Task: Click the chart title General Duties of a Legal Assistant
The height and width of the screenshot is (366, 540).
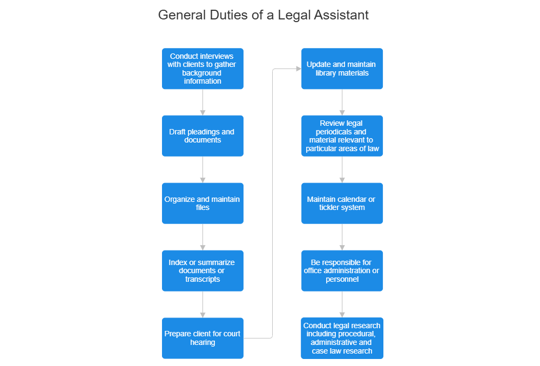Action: click(x=264, y=15)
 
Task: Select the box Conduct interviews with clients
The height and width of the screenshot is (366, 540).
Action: click(x=202, y=69)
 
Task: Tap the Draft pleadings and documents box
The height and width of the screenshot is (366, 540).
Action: click(x=202, y=135)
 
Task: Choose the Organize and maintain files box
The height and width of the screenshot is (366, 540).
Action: click(x=202, y=203)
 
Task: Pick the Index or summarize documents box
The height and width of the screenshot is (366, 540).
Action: click(x=202, y=270)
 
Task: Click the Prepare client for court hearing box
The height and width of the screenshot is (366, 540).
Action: click(x=202, y=338)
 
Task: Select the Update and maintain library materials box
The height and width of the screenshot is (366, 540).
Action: click(x=342, y=69)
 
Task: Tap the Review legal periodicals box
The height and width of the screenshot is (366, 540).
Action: click(x=342, y=135)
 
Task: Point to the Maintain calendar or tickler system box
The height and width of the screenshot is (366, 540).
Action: click(x=342, y=203)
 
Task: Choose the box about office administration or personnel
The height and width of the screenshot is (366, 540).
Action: click(x=342, y=270)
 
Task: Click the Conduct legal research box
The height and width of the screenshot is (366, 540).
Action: click(x=342, y=338)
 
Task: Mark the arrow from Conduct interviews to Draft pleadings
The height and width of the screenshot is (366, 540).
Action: click(x=202, y=102)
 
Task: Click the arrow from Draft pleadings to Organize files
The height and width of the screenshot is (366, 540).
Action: click(x=202, y=170)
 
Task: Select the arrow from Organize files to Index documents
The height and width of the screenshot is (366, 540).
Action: click(x=202, y=237)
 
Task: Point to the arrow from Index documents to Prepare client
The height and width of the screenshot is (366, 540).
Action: click(x=202, y=304)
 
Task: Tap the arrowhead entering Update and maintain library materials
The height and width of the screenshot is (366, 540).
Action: click(x=298, y=69)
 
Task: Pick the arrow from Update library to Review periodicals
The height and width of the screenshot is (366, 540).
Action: click(x=342, y=102)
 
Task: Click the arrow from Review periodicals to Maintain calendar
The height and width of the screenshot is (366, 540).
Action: click(x=342, y=170)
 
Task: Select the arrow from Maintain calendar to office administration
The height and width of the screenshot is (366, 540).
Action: click(x=342, y=237)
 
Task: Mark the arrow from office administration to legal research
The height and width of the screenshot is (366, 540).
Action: click(x=342, y=304)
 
